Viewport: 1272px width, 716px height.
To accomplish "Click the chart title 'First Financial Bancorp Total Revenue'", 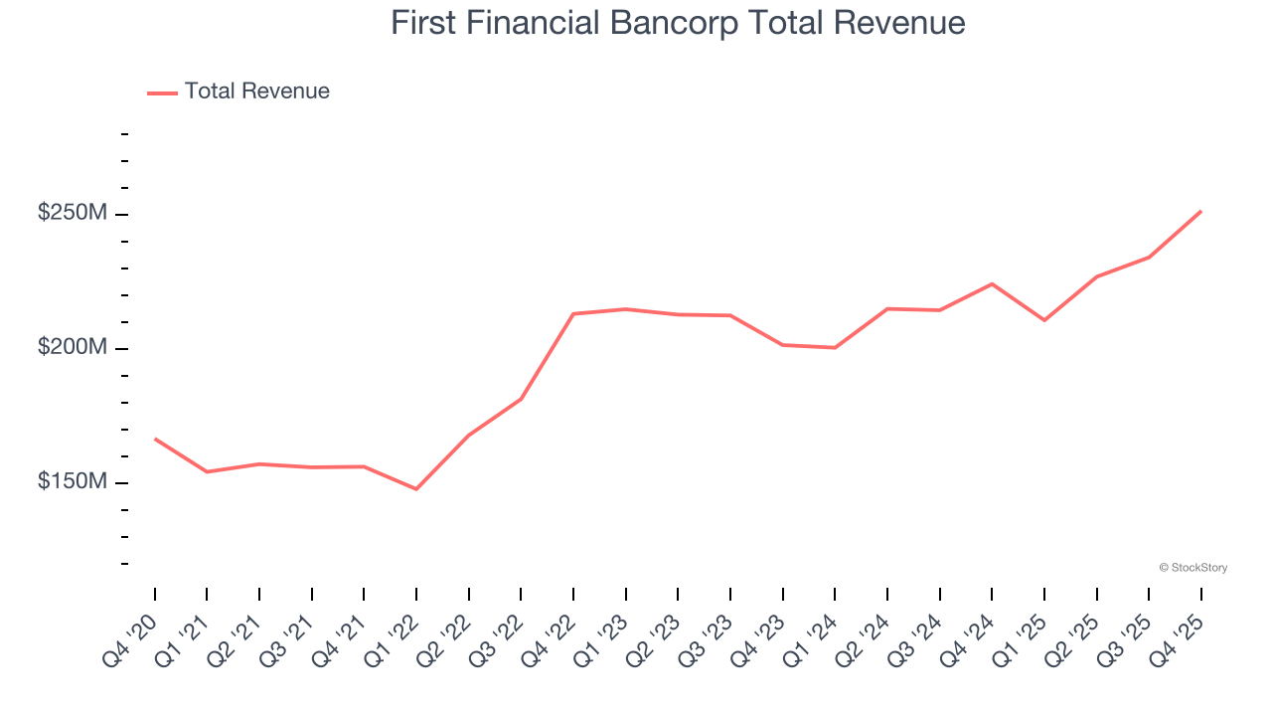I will [678, 23].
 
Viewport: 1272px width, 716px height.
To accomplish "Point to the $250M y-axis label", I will [74, 214].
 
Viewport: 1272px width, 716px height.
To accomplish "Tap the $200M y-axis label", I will [74, 348].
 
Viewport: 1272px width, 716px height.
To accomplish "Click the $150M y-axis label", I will [74, 482].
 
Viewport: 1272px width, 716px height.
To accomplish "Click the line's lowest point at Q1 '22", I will [416, 489].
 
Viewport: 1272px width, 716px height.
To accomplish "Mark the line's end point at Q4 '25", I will [1201, 211].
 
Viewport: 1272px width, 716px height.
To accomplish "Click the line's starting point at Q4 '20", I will [155, 439].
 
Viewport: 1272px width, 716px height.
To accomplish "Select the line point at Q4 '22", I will [573, 314].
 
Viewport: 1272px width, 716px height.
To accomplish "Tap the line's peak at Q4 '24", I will [992, 284].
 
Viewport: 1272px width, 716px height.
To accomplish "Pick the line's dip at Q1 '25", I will [1044, 320].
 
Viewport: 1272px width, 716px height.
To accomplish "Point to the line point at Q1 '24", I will [835, 348].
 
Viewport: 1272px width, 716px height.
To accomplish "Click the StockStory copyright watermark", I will [1192, 568].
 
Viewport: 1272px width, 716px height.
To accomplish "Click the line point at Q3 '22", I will [521, 399].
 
